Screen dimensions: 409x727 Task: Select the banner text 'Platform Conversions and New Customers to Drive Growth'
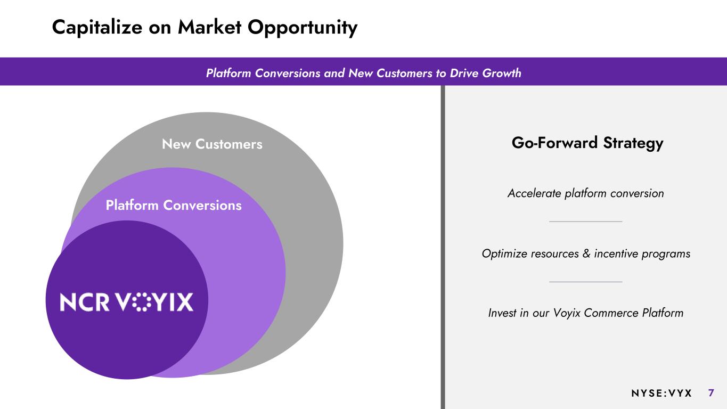coord(363,73)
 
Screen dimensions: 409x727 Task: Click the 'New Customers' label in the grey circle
coord(212,144)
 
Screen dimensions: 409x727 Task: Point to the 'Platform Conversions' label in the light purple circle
coord(174,205)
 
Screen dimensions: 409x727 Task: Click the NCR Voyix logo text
coord(127,302)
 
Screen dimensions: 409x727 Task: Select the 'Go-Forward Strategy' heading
coord(587,143)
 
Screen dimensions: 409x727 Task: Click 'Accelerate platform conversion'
coord(585,193)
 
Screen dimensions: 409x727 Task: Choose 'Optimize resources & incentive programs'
coord(586,254)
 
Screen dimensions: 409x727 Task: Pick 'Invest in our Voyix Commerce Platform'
coord(585,313)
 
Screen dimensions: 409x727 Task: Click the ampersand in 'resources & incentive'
coord(586,254)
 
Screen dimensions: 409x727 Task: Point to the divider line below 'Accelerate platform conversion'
coord(585,222)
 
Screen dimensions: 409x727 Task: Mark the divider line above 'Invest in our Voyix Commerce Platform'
coord(585,282)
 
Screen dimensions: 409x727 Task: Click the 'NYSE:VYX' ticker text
coord(661,393)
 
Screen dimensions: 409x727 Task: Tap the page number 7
coord(711,393)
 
